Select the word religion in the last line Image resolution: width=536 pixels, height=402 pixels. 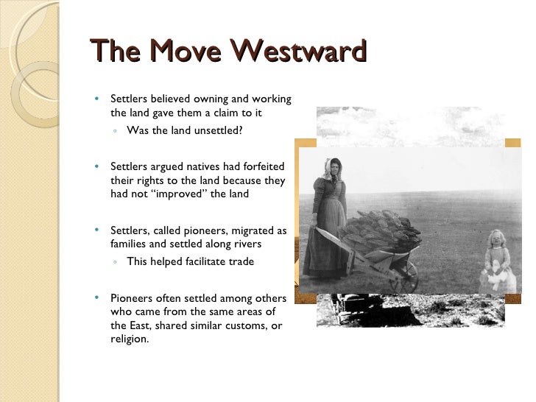point(129,340)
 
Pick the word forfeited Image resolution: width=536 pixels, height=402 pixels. point(260,166)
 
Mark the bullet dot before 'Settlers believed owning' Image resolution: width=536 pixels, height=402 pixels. point(97,99)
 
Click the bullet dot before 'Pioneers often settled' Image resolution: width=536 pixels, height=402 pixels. point(97,298)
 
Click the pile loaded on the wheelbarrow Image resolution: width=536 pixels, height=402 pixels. point(382,228)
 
